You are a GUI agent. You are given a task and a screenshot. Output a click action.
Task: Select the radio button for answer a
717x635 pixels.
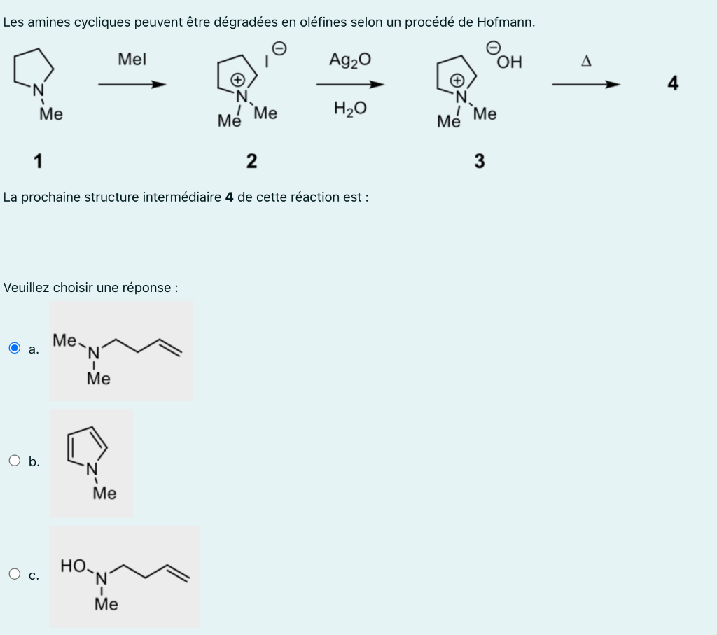[x=15, y=348]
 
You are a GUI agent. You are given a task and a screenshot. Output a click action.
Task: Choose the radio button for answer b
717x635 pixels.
[x=15, y=461]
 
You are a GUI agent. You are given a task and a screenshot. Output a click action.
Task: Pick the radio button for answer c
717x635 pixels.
[x=15, y=575]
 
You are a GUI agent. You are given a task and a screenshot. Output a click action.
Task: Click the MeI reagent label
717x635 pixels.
[x=132, y=60]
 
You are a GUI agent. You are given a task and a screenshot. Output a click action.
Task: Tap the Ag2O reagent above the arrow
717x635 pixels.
[x=349, y=60]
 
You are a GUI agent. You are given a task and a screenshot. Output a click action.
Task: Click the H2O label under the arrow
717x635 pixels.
[x=349, y=109]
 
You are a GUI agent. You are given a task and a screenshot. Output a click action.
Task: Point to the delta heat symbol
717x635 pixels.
[x=586, y=61]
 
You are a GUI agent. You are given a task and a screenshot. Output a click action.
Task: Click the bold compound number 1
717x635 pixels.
[x=38, y=161]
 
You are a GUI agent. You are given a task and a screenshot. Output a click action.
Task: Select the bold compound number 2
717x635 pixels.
[x=251, y=162]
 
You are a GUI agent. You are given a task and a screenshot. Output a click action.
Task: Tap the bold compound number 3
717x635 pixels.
[x=479, y=162]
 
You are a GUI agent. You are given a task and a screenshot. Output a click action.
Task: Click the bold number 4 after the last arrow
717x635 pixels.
[x=673, y=84]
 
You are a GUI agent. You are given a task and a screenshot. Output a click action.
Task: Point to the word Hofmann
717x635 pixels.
[x=504, y=22]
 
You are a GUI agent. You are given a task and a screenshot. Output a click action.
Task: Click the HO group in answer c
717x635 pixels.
[x=74, y=565]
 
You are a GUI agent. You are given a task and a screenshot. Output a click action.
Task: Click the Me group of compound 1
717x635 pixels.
[x=50, y=113]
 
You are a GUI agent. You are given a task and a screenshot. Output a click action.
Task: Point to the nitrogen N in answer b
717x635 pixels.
[x=92, y=470]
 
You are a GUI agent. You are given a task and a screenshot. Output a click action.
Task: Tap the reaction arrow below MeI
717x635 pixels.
[x=132, y=85]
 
